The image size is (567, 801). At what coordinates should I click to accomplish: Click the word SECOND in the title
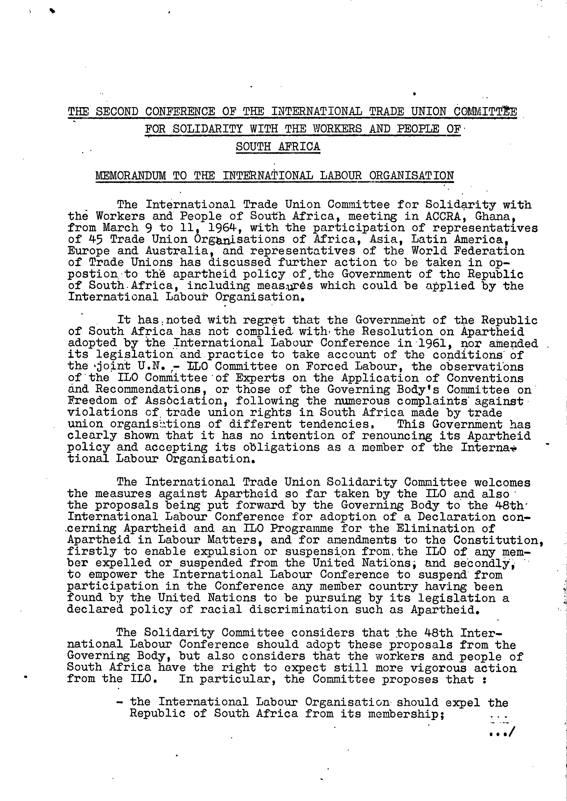(117, 112)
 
